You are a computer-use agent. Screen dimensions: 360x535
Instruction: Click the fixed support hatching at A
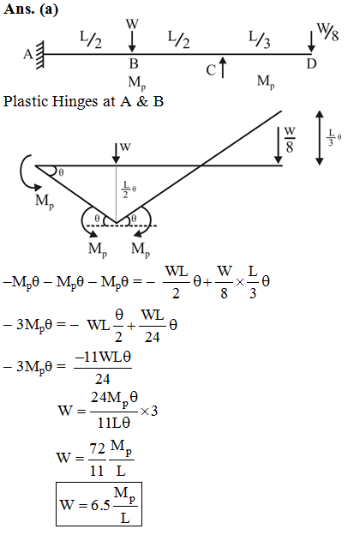tap(40, 55)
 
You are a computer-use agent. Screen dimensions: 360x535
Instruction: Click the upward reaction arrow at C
tap(223, 67)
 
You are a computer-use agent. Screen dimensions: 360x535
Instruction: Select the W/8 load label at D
tap(328, 33)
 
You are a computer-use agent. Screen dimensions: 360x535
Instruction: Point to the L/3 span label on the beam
tap(260, 39)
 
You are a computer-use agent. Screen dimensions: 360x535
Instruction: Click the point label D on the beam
tap(311, 63)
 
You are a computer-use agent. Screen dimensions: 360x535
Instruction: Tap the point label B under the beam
tap(134, 63)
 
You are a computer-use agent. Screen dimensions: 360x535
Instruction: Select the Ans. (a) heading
tap(31, 9)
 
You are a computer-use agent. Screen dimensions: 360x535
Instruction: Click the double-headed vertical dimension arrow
tap(320, 138)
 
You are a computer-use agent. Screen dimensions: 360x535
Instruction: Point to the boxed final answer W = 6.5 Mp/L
tap(99, 504)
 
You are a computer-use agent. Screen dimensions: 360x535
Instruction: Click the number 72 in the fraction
tap(97, 448)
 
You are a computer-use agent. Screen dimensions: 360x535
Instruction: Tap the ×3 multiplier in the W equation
tap(149, 411)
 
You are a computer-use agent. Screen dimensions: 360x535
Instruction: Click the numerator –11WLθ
tap(103, 358)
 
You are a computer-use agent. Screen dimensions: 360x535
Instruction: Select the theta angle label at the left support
tap(61, 172)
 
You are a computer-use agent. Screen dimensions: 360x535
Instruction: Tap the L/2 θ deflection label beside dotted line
tap(129, 189)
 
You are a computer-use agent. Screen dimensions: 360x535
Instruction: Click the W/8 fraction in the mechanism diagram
tap(290, 140)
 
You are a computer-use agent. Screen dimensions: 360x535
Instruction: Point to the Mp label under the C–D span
tap(266, 82)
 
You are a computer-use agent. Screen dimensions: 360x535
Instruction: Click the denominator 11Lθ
tap(114, 423)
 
